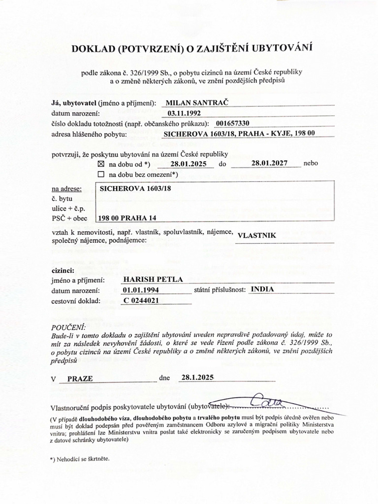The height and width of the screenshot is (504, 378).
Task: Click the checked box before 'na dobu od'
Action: tap(102, 163)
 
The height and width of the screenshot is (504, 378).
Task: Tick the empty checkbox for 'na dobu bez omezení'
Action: tap(102, 174)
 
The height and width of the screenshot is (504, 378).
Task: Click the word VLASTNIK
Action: tap(256, 236)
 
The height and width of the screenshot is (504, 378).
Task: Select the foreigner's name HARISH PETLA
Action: tap(153, 280)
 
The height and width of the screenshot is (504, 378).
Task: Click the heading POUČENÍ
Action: tap(68, 327)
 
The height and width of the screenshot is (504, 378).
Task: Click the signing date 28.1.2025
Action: tap(197, 378)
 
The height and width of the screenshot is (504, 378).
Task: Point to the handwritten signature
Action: tap(263, 403)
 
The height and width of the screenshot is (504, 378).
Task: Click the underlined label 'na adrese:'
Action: tap(66, 189)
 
